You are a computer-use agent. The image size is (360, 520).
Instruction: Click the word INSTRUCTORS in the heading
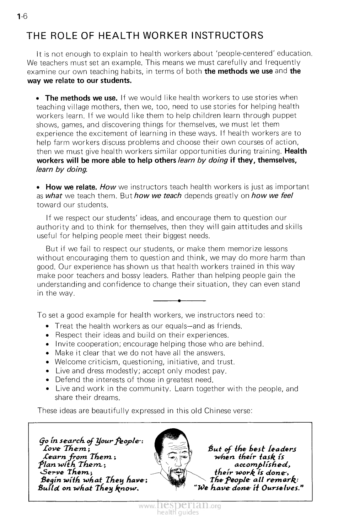click(x=227, y=36)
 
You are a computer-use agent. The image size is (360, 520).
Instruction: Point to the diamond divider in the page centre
click(x=180, y=301)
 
